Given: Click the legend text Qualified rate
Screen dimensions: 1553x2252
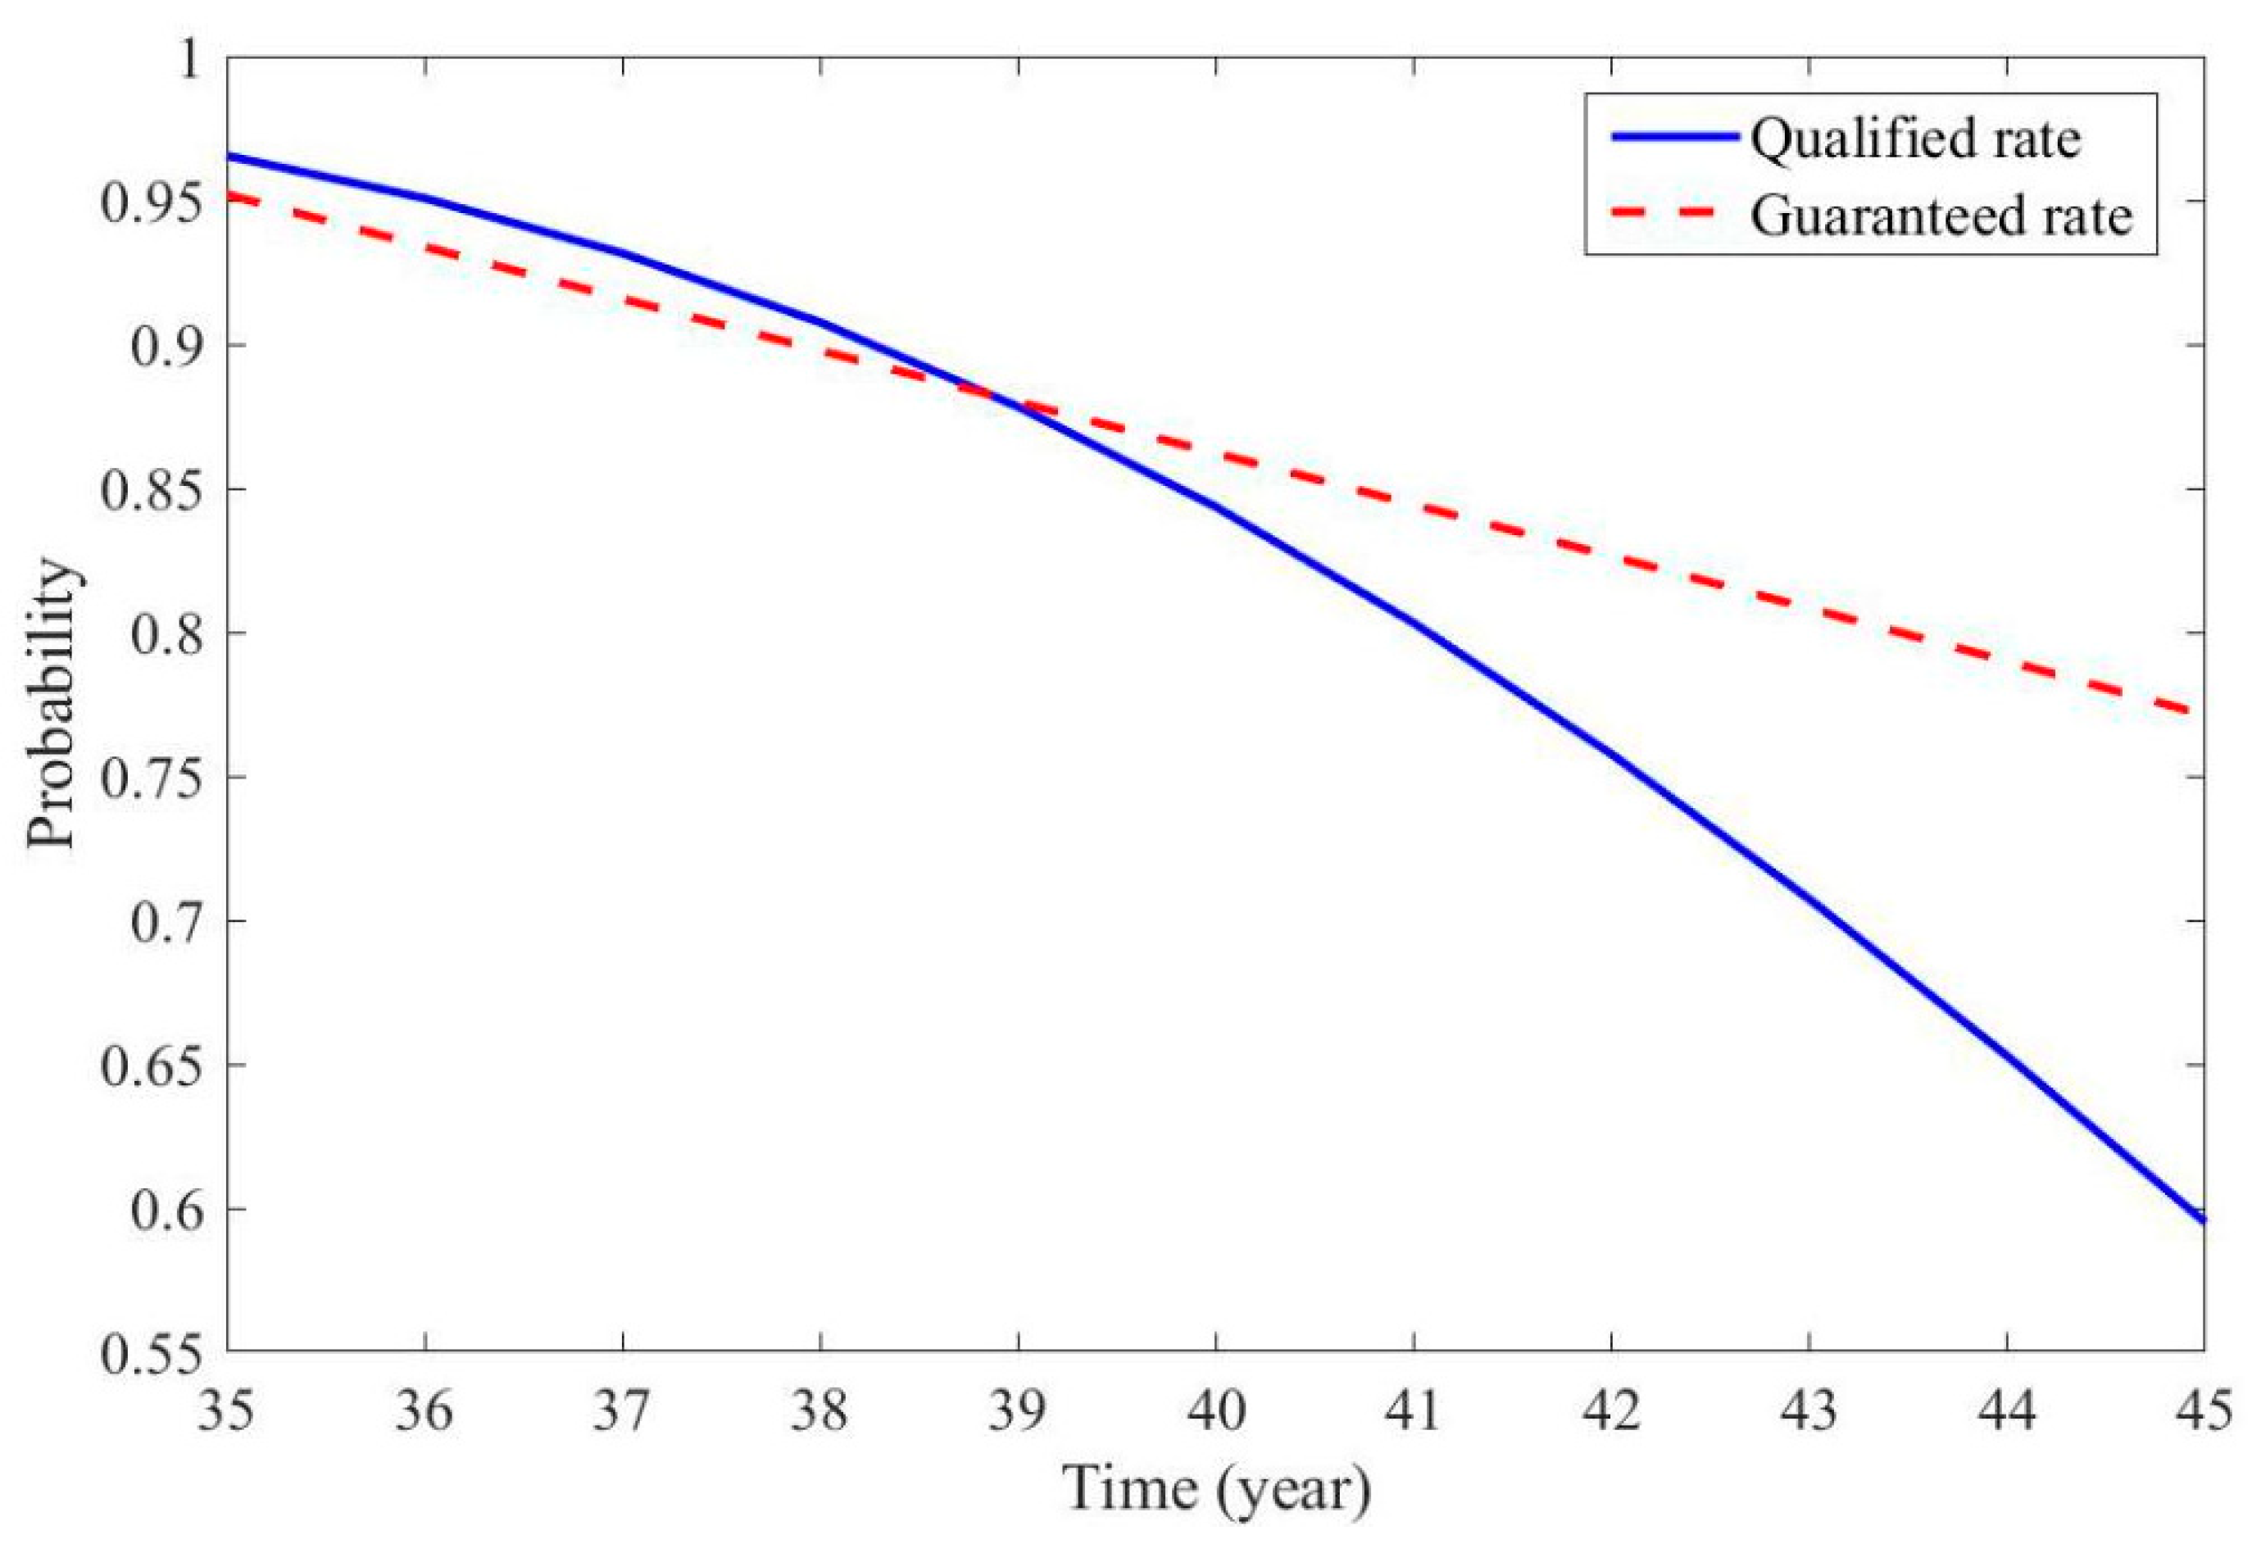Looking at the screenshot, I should click(x=1914, y=139).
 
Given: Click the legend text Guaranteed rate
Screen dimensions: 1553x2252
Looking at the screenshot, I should click(x=1941, y=216).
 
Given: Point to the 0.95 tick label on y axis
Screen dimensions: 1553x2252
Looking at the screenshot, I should click(x=148, y=202).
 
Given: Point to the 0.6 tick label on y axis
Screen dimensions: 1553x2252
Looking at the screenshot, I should click(x=162, y=1210).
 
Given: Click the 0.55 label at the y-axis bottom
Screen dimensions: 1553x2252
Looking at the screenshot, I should click(x=148, y=1352).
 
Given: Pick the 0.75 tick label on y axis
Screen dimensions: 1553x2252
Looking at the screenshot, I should click(x=148, y=778).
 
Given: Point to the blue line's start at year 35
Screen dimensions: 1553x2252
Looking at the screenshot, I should click(x=229, y=156).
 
